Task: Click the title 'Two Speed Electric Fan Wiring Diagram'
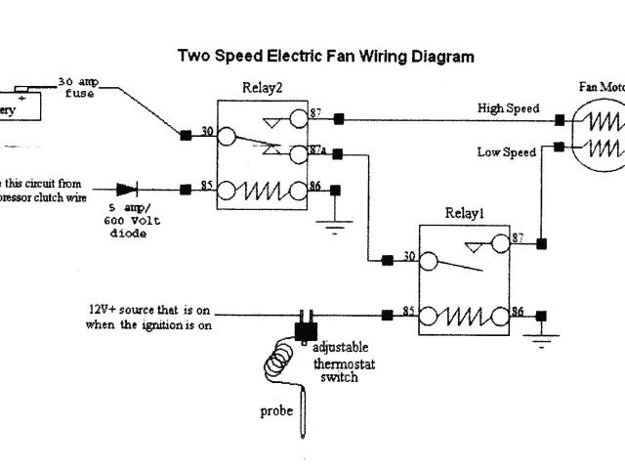tap(325, 57)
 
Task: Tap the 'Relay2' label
tap(262, 88)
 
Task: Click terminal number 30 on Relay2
tap(206, 131)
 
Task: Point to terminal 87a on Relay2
tap(317, 151)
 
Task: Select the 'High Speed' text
tap(507, 108)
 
